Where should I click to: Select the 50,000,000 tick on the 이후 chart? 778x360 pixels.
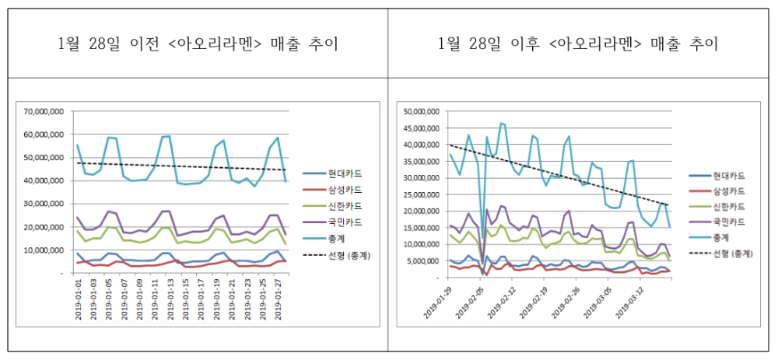423,111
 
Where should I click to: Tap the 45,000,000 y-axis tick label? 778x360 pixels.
423,128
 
